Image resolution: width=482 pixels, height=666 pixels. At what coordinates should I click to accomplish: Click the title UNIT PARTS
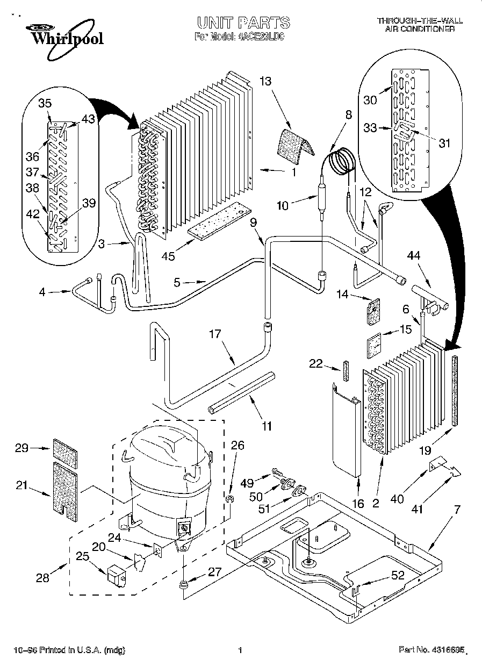[x=243, y=23]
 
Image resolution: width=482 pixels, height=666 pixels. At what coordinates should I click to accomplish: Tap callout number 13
[x=265, y=81]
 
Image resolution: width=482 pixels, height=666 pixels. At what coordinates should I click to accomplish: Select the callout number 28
[x=42, y=578]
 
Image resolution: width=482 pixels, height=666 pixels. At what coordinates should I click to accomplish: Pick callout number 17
[x=215, y=334]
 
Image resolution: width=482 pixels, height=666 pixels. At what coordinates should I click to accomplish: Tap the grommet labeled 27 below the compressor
[x=184, y=585]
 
